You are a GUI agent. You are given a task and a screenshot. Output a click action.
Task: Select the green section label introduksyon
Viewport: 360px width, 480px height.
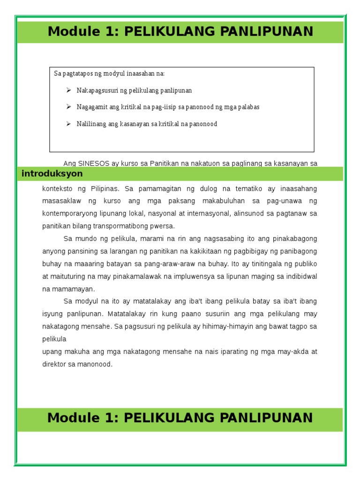click(52, 174)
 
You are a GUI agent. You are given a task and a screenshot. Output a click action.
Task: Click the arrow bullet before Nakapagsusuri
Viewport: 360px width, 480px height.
click(68, 90)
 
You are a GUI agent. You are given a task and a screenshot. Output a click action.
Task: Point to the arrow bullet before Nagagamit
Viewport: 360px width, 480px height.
click(68, 107)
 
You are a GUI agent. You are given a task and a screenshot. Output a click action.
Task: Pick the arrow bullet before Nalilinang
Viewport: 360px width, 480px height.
click(68, 124)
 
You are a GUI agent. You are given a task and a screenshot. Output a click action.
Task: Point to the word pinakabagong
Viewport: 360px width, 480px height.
click(293, 239)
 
